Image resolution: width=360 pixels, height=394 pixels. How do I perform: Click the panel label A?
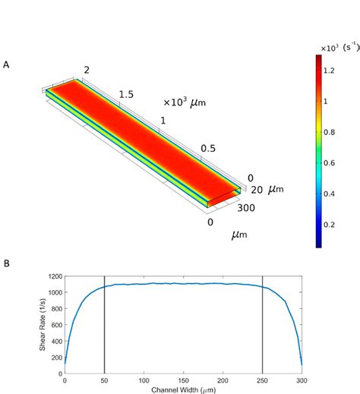[x=6, y=65]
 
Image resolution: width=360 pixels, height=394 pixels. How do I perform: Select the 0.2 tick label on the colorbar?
[x=335, y=225]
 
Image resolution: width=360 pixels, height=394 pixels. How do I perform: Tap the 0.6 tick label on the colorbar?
[x=335, y=162]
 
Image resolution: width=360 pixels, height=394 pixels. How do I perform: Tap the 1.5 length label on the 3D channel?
[x=127, y=95]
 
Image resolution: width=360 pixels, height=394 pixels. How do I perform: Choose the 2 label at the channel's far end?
[x=87, y=71]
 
